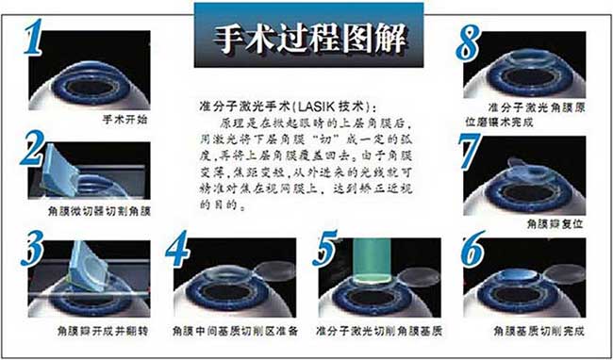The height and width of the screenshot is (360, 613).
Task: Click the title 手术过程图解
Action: click(x=306, y=40)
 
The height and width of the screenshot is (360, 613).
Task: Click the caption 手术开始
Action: click(x=123, y=122)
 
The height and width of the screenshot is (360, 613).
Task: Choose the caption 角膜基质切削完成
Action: click(x=533, y=332)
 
